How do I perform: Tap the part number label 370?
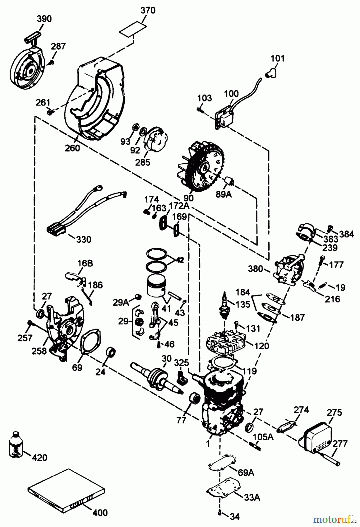148,11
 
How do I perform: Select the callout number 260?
72,148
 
